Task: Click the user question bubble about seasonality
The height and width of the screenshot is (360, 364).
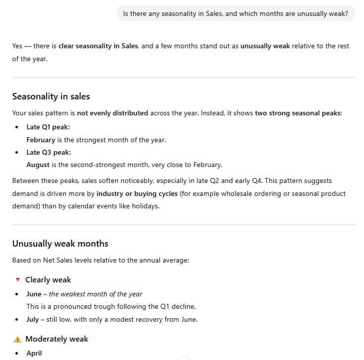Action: [235, 13]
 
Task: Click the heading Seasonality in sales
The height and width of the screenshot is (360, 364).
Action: [51, 96]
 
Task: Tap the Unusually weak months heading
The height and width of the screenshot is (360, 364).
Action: [60, 244]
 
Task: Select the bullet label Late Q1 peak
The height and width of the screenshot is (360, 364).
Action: [48, 127]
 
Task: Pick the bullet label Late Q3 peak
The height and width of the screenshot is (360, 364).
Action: [49, 152]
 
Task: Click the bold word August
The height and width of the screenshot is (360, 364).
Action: [38, 165]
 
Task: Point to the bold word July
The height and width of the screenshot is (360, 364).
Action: [33, 319]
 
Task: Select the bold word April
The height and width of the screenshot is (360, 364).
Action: [34, 353]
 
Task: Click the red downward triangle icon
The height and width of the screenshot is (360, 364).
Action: [18, 280]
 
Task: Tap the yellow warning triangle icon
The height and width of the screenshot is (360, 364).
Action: [17, 339]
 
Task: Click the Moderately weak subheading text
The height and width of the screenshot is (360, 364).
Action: [57, 339]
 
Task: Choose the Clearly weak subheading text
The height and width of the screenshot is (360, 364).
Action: [48, 280]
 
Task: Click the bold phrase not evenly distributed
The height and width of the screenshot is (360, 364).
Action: [112, 113]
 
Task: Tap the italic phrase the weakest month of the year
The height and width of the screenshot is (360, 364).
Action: [95, 294]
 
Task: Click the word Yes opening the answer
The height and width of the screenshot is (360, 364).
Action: [17, 46]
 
